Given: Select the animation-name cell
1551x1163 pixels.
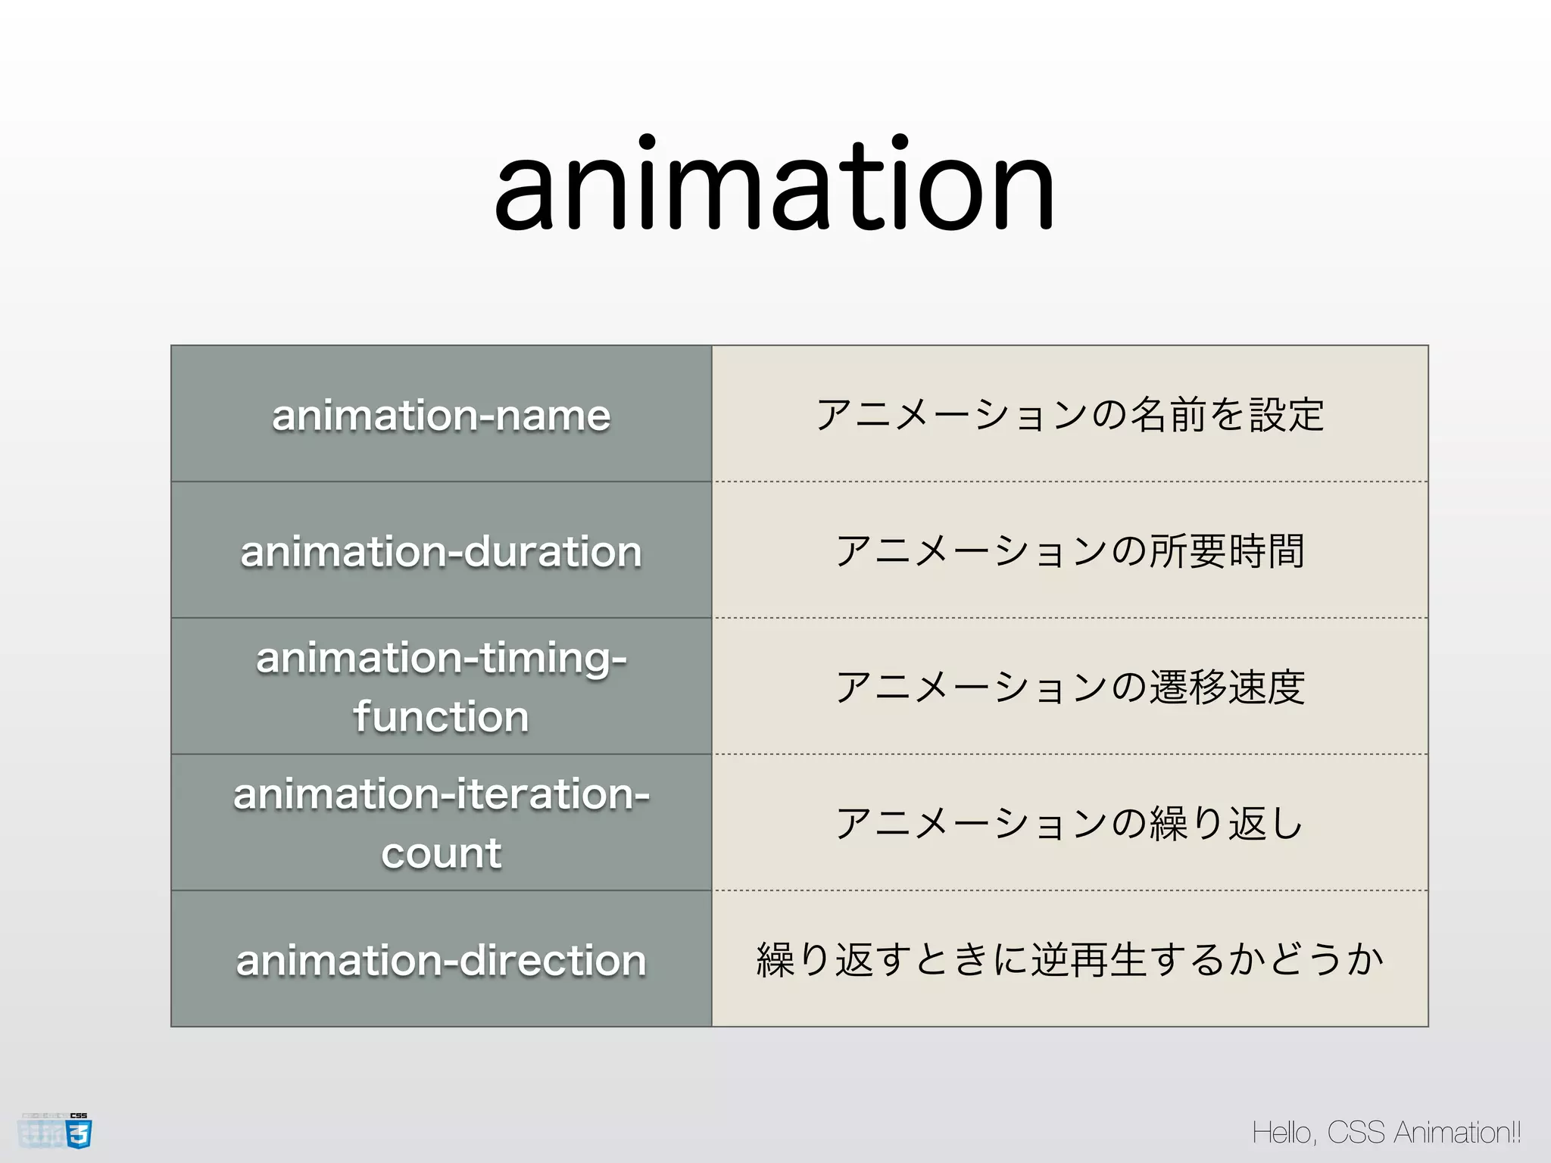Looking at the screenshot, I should tap(441, 415).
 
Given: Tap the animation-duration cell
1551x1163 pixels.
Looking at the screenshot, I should tap(441, 551).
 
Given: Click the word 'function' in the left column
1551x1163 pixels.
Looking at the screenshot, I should tap(441, 716).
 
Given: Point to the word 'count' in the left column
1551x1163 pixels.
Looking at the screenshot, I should tap(441, 853).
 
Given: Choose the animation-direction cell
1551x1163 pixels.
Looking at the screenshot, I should tap(441, 960).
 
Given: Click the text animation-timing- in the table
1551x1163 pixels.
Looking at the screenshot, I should tap(441, 657).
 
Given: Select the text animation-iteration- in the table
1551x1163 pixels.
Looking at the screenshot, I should tap(441, 794).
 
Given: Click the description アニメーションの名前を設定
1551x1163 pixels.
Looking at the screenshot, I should tap(1069, 415).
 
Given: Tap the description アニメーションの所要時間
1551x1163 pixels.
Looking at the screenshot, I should tap(1069, 551).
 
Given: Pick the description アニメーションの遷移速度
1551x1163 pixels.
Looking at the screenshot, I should tap(1069, 688).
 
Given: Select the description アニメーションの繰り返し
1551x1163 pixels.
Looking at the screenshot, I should tap(1069, 824).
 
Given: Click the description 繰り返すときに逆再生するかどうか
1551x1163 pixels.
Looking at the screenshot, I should tap(1069, 960).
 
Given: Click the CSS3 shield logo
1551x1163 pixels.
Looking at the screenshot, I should tap(79, 1133).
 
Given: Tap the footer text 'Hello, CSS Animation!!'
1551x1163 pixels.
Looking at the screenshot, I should tap(1386, 1133).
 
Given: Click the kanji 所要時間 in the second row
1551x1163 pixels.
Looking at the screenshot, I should tap(1227, 551).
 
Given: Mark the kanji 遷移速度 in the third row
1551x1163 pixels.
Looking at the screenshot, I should tap(1227, 688).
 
